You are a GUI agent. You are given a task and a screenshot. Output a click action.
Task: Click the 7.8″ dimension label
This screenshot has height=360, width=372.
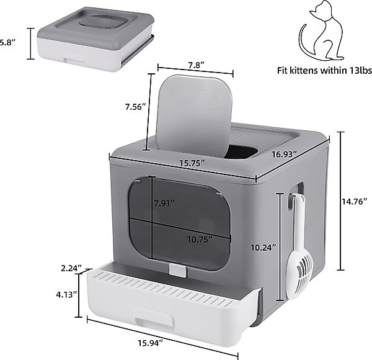click(x=196, y=65)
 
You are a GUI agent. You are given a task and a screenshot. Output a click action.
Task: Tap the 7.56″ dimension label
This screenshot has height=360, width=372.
click(x=135, y=107)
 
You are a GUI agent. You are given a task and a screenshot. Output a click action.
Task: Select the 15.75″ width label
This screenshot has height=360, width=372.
click(x=192, y=163)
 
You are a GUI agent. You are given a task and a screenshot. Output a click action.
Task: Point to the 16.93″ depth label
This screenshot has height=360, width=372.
click(x=284, y=155)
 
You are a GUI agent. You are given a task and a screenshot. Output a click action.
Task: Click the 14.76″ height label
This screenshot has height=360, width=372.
click(x=355, y=202)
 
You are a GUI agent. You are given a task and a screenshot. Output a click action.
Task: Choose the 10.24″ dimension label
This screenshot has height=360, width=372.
click(x=264, y=248)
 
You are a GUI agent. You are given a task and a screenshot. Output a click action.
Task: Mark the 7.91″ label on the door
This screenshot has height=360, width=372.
click(x=164, y=203)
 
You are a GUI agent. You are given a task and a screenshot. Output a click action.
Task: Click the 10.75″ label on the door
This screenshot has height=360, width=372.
click(x=200, y=240)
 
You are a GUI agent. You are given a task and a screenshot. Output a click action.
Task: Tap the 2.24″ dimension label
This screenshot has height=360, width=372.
click(x=71, y=268)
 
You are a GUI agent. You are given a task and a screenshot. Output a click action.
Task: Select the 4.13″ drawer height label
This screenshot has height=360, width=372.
click(x=66, y=295)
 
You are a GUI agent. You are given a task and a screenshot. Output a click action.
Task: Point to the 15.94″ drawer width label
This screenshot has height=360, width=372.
click(x=151, y=343)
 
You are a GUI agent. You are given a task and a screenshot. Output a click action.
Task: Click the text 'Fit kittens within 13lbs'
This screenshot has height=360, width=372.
click(x=324, y=71)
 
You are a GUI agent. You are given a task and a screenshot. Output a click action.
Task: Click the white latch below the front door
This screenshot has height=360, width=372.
click(x=178, y=270)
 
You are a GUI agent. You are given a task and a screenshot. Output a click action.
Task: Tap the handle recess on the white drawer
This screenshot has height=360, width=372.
click(x=154, y=317)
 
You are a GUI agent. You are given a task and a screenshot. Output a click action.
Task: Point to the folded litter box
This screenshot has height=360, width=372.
click(x=95, y=38)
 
